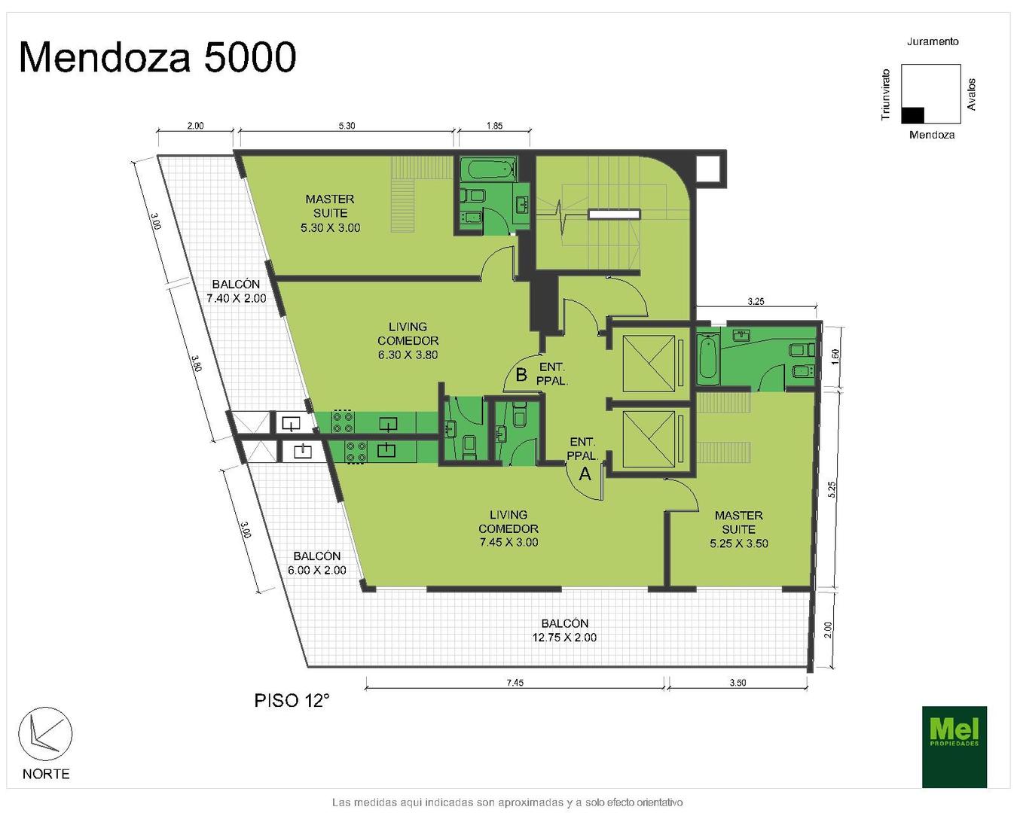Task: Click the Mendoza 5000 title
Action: coord(157,57)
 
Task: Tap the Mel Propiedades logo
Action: coord(954,747)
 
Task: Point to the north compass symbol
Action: coord(45,734)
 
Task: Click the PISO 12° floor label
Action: coord(292,700)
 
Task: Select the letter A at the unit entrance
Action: coord(585,473)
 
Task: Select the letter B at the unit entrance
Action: coord(521,375)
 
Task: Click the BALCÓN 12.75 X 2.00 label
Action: coord(564,630)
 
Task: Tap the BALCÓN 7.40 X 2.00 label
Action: coord(236,291)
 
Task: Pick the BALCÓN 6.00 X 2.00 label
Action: coord(316,562)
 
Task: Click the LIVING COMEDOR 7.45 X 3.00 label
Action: coord(508,528)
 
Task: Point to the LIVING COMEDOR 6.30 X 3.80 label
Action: coord(408,340)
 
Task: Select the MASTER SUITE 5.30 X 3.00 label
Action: coord(330,213)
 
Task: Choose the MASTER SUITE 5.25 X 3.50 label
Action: coord(739,529)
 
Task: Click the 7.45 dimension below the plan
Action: coord(515,682)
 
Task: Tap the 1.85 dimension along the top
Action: coord(494,126)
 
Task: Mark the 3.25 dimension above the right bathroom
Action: coord(756,301)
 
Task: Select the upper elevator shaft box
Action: coord(649,364)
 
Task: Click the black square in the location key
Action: coord(912,115)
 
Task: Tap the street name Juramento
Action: coord(933,41)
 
